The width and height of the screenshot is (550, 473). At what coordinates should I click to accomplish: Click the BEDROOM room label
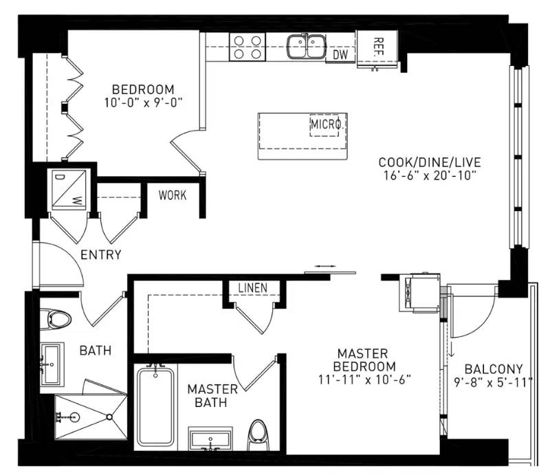click(143, 89)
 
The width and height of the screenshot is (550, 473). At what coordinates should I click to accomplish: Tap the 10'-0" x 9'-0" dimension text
click(143, 102)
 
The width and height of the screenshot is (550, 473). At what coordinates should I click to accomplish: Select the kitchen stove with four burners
click(247, 47)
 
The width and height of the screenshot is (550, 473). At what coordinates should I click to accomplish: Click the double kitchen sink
click(307, 47)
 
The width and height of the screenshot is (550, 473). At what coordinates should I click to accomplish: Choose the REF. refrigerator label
click(378, 47)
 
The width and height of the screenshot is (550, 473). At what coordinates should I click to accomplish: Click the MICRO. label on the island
click(326, 124)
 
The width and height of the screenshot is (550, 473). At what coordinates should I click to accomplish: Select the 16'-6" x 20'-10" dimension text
click(429, 175)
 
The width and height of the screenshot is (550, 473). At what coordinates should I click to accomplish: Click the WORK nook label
click(172, 195)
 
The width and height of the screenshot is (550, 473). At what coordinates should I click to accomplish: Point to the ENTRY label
click(101, 255)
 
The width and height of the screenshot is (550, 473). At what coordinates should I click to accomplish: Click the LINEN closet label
click(252, 287)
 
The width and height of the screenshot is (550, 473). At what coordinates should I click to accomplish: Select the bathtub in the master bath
click(155, 406)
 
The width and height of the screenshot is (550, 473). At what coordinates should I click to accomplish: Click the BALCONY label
click(494, 368)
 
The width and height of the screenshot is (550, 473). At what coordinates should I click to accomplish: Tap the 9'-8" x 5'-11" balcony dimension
click(494, 382)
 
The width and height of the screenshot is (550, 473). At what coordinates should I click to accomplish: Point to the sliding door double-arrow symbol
click(326, 265)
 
